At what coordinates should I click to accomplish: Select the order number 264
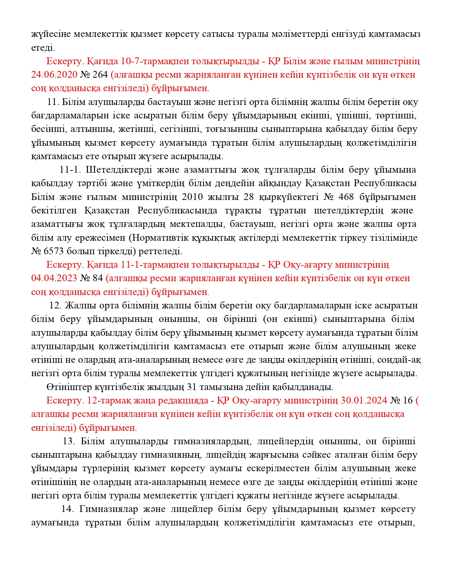[x=101, y=75]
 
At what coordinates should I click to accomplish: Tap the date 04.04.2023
[x=54, y=278]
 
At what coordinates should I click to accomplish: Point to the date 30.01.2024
[x=364, y=401]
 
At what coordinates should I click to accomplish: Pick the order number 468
[x=346, y=197]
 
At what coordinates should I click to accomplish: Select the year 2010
[x=192, y=197]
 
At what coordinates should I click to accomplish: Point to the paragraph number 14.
[x=67, y=509]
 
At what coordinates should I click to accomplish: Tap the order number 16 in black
[x=408, y=401]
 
